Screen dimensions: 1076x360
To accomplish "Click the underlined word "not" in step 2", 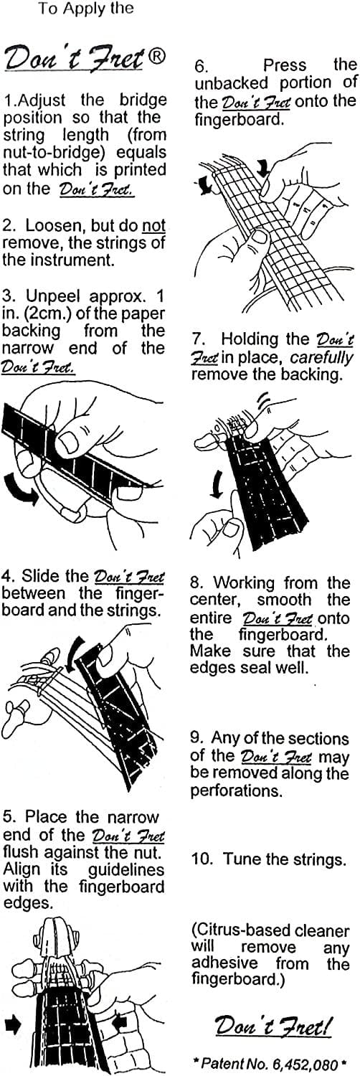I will click(153, 225).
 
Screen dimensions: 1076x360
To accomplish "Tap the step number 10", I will click(203, 859).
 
